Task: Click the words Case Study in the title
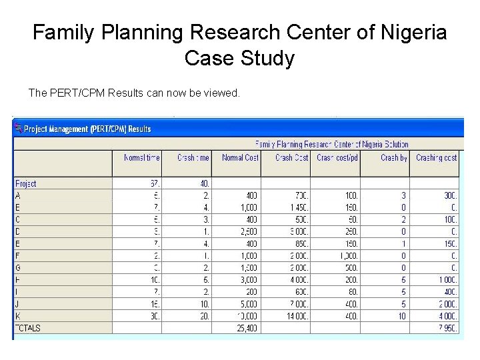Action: pos(239,59)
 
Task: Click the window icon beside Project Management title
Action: pos(19,129)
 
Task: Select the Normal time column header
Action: pos(141,158)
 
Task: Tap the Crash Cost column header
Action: pos(292,158)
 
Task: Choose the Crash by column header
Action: pos(393,158)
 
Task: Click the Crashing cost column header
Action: pos(436,158)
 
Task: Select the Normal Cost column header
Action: pos(240,158)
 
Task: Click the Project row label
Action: pos(26,183)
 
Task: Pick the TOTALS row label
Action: pos(28,328)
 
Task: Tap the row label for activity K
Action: pos(18,316)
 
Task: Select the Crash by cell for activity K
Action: pos(401,316)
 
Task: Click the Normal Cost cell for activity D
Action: pos(247,231)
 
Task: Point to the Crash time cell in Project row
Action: pos(203,183)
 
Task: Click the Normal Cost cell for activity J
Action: pos(247,304)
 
